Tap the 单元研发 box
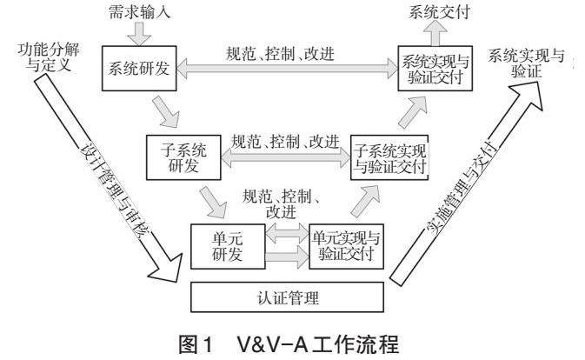tap(224, 246)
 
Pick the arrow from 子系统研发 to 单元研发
tap(209, 203)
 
